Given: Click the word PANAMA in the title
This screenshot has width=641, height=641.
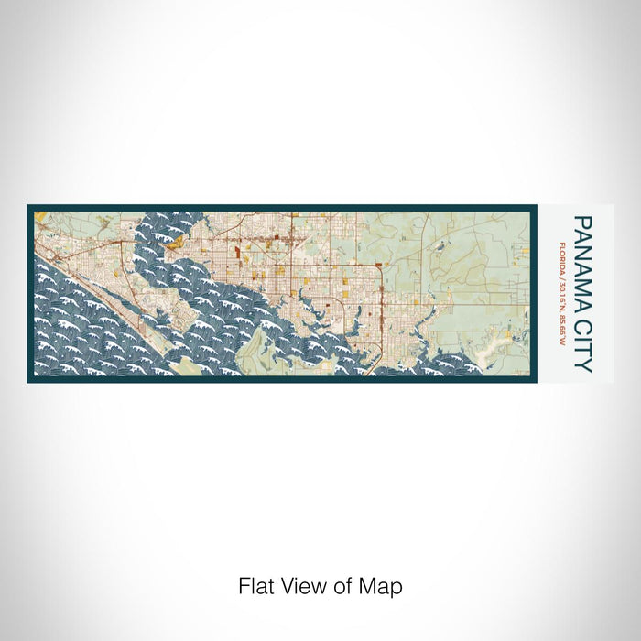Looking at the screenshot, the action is click(x=583, y=259).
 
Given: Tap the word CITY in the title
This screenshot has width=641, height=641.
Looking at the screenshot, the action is click(x=583, y=340).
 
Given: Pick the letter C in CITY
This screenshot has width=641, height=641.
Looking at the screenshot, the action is click(x=583, y=317).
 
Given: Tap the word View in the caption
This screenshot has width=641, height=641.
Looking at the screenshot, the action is click(x=299, y=586).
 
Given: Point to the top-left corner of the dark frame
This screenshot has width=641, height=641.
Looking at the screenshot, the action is click(x=28, y=206).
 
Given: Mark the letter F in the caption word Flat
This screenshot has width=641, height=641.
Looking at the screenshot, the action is click(x=244, y=586).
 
